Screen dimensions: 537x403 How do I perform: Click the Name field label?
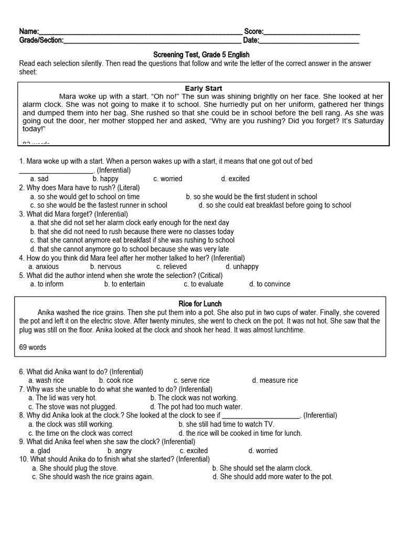29,31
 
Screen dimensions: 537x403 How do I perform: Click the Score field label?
254,31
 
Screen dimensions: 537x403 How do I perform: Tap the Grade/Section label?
41,40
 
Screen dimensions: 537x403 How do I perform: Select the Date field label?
251,40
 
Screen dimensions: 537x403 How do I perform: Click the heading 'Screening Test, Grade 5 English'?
201,55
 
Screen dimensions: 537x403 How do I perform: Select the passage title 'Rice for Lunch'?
200,304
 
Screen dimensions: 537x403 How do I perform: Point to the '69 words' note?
33,347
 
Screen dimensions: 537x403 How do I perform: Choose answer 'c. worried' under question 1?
168,179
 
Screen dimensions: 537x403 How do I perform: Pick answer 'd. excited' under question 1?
235,179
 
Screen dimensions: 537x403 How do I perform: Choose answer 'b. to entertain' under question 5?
124,284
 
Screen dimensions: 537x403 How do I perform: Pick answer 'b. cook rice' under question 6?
116,380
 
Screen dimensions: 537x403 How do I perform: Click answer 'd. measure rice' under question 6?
274,380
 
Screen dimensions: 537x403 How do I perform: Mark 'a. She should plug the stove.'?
75,468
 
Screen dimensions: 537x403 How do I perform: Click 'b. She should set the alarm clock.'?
262,468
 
